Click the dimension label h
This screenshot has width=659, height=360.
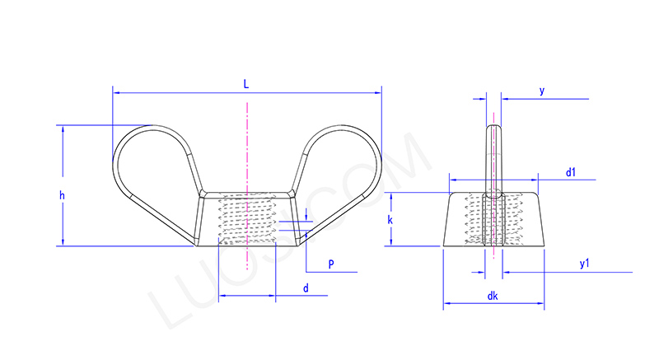tap(61, 195)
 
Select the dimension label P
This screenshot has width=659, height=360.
tap(330, 264)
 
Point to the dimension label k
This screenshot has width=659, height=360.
tap(390, 221)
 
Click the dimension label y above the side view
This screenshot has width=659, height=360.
tap(541, 91)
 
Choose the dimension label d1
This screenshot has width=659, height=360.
tap(571, 172)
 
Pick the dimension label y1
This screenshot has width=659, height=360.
tap(584, 264)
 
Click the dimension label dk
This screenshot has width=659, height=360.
tap(492, 296)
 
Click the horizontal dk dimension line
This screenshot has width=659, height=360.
tap(470, 306)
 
